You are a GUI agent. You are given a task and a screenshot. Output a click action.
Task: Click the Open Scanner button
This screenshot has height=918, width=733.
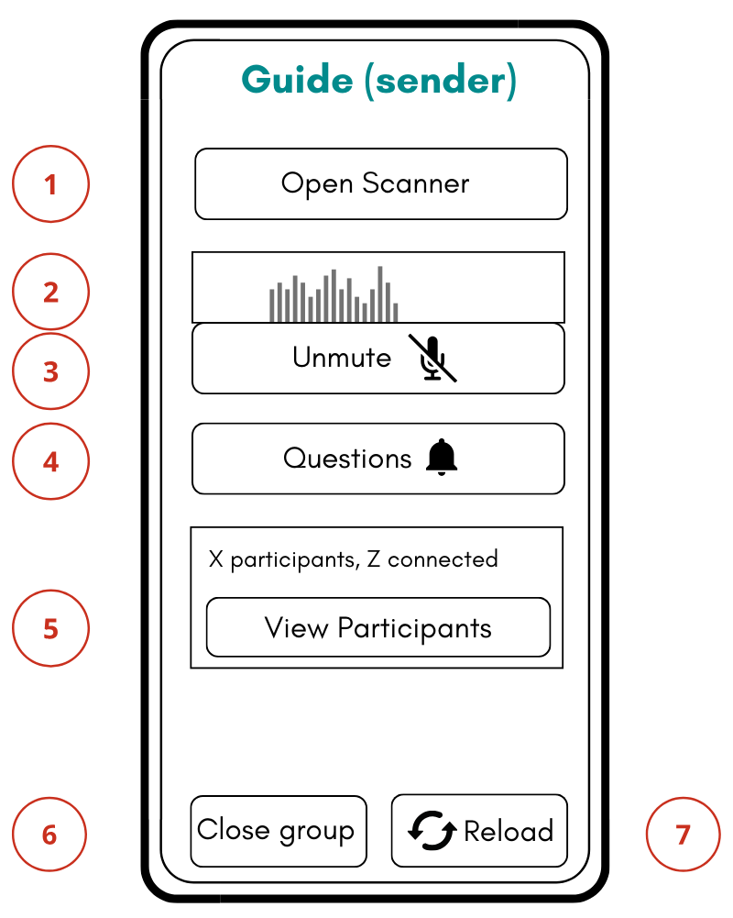380,183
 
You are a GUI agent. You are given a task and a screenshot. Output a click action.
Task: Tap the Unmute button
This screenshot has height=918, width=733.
377,358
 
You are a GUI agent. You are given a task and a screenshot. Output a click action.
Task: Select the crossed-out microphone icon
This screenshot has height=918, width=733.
432,358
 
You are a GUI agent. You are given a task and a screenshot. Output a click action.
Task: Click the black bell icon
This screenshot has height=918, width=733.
442,457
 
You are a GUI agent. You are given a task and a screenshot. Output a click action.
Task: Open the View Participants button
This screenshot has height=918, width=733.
377,627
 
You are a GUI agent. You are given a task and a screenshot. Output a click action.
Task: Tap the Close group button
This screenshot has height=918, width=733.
278,831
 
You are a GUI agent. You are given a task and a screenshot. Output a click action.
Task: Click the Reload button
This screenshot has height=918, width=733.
478,831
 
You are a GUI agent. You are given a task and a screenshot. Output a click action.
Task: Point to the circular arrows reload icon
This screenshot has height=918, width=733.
432,831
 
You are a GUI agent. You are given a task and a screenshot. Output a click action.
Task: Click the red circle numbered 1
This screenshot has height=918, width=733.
50,184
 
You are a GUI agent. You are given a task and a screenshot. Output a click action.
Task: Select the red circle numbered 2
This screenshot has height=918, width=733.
50,292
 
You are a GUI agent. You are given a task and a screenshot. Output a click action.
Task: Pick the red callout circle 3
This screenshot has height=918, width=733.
50,371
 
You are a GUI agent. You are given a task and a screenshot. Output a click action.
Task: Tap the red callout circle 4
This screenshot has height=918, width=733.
50,460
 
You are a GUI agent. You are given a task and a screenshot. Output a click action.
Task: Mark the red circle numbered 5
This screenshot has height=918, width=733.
50,628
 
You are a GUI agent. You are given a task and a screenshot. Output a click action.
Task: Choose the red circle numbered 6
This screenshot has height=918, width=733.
49,835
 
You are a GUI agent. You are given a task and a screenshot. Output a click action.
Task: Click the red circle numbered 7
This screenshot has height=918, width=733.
683,835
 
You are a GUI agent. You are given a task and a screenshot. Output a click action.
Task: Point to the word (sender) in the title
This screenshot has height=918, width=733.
440,81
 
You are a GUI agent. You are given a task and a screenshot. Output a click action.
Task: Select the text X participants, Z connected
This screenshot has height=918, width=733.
353,559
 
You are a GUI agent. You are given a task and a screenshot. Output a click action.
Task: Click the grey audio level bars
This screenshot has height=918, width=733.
334,294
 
